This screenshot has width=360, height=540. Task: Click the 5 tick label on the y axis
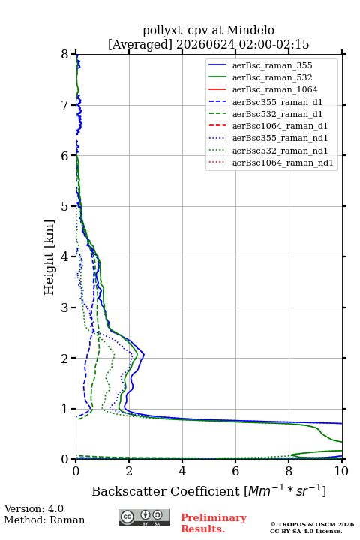65,207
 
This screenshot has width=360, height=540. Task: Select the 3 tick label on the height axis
65,307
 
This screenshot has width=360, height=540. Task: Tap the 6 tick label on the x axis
235,471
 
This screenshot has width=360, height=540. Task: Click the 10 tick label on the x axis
341,471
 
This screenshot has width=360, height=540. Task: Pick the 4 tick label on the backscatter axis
182,471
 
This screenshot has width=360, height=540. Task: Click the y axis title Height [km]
49,257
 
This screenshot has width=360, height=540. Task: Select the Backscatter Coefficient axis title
208,491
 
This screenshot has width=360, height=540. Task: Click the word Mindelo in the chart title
250,30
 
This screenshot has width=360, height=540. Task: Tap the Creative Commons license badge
144,517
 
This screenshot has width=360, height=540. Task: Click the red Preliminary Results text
214,523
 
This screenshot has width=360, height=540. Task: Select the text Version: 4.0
34,508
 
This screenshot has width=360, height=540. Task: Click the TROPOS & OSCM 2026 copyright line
313,524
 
